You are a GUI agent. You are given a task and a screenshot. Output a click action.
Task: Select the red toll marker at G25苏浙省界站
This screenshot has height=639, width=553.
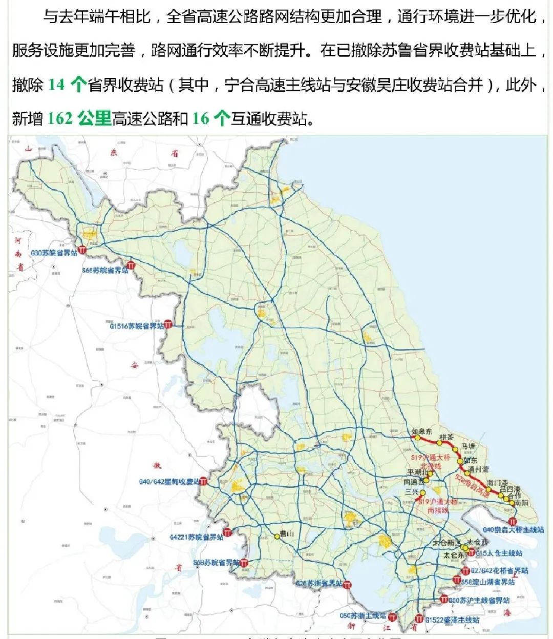pos(347,585)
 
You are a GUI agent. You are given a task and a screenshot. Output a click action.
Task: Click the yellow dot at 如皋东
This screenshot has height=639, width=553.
pos(417,438)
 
